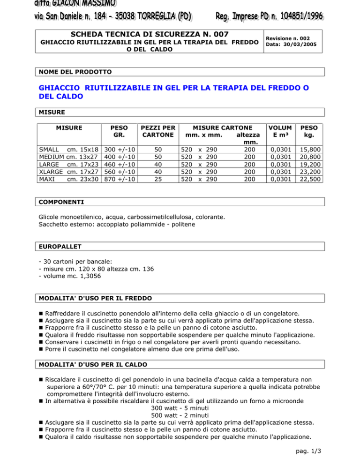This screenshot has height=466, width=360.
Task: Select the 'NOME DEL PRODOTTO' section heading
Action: (75, 72)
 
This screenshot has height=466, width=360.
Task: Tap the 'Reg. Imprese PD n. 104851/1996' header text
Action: (269, 17)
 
